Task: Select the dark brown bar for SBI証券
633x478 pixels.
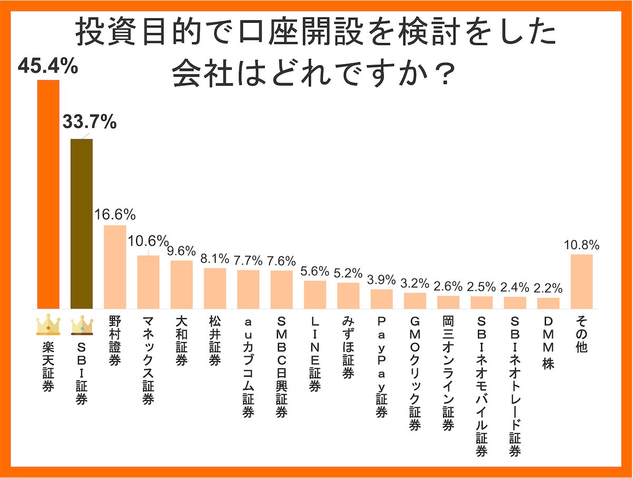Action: (82, 224)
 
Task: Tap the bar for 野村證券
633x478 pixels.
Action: (115, 267)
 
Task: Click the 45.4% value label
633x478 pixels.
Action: (48, 67)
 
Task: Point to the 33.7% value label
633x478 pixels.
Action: (89, 123)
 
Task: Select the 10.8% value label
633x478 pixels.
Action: (582, 245)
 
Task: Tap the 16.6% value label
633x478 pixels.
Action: (115, 215)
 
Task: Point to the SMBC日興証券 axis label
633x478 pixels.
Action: (281, 367)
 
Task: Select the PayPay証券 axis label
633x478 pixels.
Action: (381, 367)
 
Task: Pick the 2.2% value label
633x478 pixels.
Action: (549, 289)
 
